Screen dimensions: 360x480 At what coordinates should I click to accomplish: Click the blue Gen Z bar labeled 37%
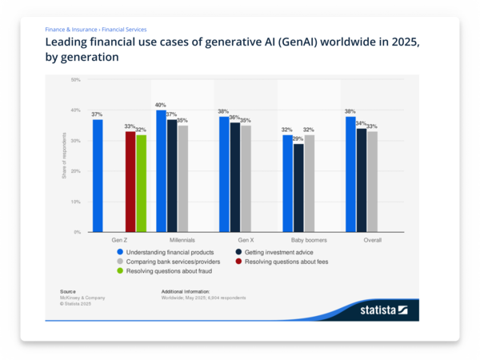coord(98,175)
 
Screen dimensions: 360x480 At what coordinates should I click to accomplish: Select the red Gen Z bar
coord(130,182)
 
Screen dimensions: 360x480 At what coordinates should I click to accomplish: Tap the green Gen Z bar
coord(142,183)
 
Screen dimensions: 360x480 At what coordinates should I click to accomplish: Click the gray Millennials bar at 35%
coord(183,178)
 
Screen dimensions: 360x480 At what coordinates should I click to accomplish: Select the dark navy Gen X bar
coord(235,177)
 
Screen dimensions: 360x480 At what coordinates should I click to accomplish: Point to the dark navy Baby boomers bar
coord(298,188)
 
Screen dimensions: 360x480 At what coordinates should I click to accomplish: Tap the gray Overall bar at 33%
coord(373,182)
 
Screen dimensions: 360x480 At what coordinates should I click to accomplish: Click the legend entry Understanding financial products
coord(164,251)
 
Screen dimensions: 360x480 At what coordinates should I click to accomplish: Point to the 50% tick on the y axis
coord(76,80)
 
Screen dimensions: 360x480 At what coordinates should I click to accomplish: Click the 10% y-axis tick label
coord(76,202)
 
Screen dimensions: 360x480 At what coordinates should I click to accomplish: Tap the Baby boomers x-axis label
coord(309,240)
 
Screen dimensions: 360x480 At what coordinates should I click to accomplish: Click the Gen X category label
coord(246,240)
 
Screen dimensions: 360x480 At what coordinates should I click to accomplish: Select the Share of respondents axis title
coord(64,156)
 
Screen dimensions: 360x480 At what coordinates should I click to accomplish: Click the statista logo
coord(383,310)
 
